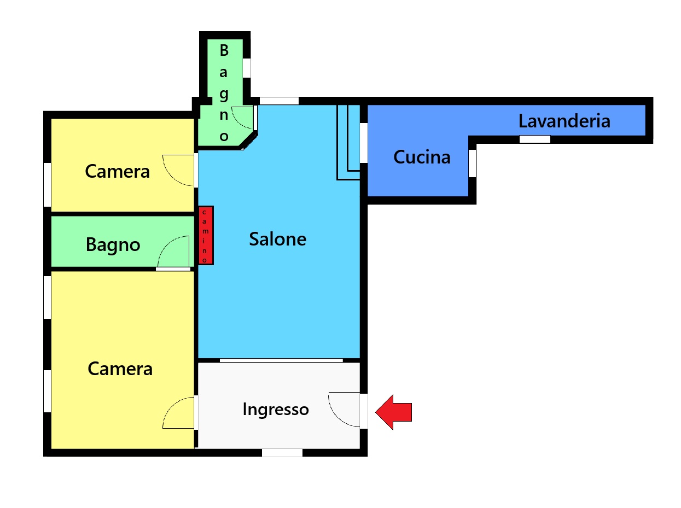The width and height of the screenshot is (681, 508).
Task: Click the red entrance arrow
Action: pyautogui.click(x=393, y=412)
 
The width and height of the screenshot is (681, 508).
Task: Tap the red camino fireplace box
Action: pyautogui.click(x=206, y=235)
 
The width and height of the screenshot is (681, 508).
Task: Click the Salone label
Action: pyautogui.click(x=278, y=239)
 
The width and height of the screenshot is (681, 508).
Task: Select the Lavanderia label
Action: pyautogui.click(x=564, y=121)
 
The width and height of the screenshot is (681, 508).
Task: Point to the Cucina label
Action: pyautogui.click(x=422, y=157)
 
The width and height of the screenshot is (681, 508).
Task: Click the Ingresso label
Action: pyautogui.click(x=276, y=410)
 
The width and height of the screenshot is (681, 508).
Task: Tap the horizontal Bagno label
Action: pyautogui.click(x=113, y=245)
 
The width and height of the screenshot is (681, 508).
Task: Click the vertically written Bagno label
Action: pyautogui.click(x=224, y=93)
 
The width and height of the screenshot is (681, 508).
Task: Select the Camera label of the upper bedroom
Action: pyautogui.click(x=117, y=171)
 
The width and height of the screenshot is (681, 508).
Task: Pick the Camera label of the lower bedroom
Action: pyautogui.click(x=120, y=369)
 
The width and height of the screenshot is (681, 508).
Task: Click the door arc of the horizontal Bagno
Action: pyautogui.click(x=167, y=244)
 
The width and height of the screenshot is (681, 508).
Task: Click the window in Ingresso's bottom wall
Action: pyautogui.click(x=282, y=452)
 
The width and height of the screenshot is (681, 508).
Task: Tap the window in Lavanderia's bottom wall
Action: pyautogui.click(x=535, y=139)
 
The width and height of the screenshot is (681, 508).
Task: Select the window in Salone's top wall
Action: pyautogui.click(x=279, y=101)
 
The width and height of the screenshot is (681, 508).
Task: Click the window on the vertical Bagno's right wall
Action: pyautogui.click(x=247, y=68)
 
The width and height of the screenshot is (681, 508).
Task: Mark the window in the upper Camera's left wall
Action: pyautogui.click(x=47, y=184)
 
